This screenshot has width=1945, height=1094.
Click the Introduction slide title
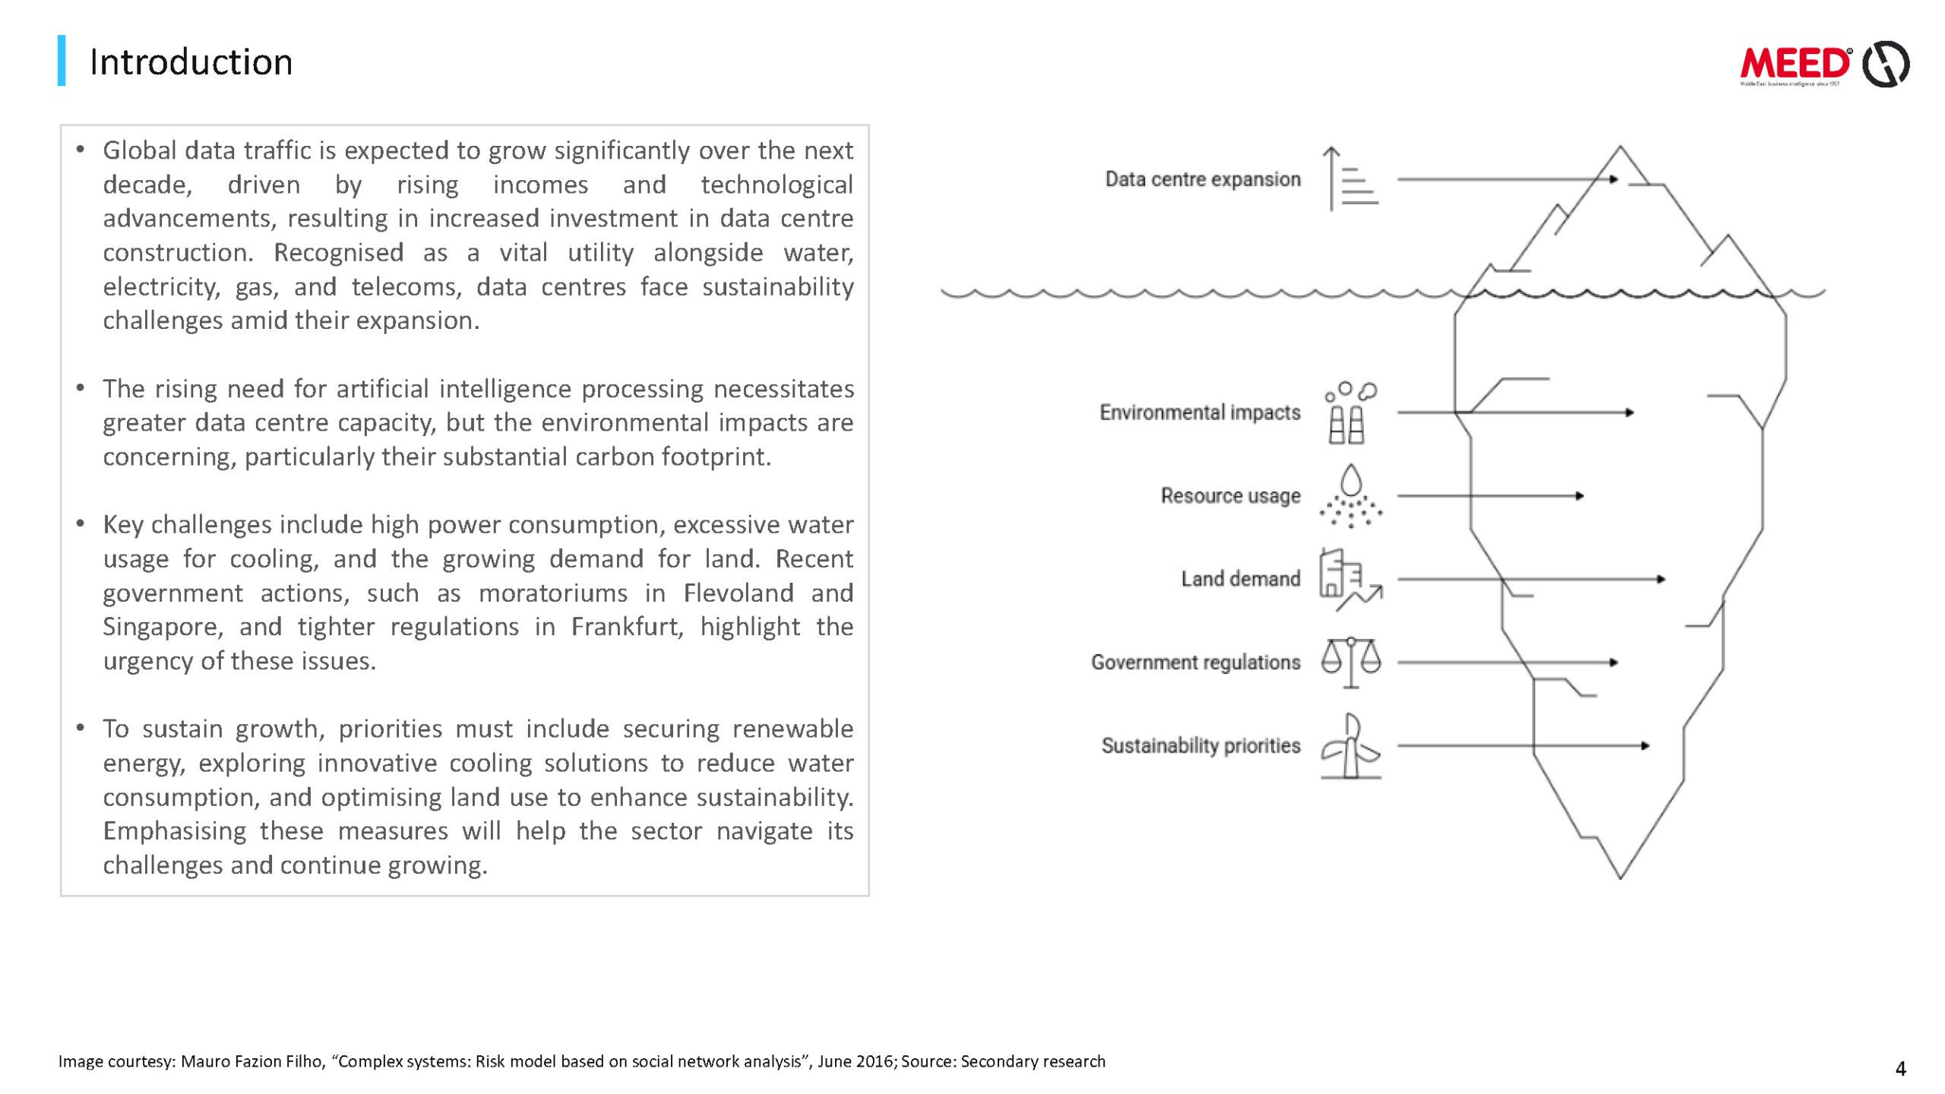click(191, 62)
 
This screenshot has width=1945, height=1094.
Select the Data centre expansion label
click(1202, 179)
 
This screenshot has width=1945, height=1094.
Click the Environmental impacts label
click(1200, 413)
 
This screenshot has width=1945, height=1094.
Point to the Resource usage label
click(1230, 495)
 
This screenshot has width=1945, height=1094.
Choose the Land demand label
click(1240, 579)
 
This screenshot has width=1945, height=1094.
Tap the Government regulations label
click(1195, 662)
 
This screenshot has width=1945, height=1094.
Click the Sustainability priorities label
click(1200, 745)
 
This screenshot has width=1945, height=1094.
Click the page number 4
click(1900, 1069)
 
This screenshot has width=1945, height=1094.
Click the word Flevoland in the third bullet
click(738, 593)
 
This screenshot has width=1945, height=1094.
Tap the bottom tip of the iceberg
click(1620, 876)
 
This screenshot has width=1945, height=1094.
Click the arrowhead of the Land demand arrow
click(1661, 579)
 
